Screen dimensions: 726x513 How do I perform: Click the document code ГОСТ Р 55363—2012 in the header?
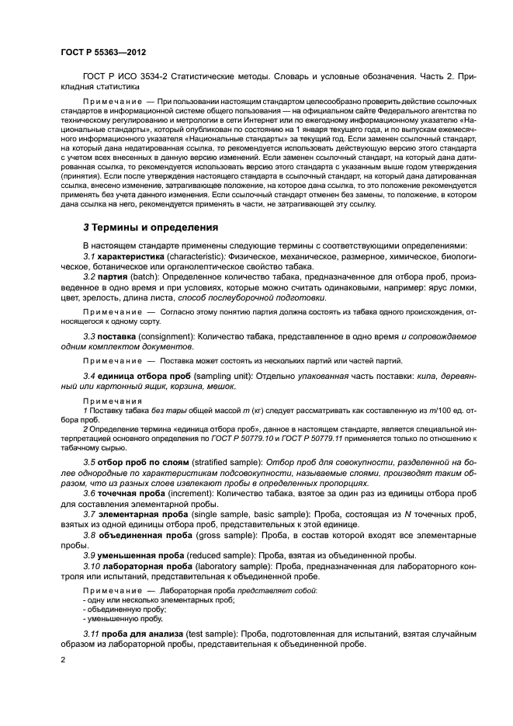(103, 53)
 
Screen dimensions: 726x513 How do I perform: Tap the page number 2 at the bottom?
(63, 660)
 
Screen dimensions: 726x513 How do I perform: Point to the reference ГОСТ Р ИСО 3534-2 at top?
(126, 78)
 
